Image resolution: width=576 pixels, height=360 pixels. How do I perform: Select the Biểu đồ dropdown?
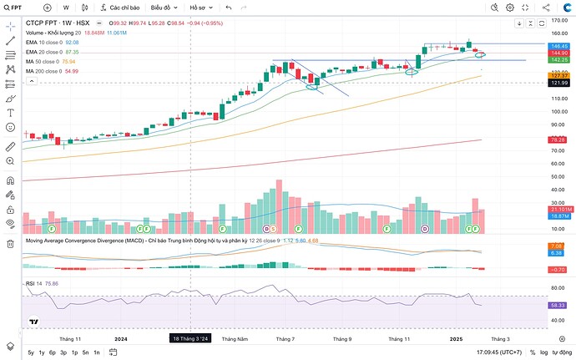point(164,8)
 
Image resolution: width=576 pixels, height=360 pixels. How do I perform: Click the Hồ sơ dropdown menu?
point(201,8)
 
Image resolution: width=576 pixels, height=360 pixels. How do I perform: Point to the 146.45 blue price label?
point(559,46)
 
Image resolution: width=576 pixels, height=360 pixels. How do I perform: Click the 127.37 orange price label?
point(559,76)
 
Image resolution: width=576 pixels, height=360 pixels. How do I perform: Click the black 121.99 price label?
point(559,83)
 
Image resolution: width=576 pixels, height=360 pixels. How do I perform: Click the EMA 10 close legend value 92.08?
point(72,41)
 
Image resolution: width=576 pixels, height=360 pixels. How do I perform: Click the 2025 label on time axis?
point(456,339)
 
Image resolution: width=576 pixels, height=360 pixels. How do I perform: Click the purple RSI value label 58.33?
point(559,306)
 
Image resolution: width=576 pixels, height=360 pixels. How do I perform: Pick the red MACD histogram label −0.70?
point(559,269)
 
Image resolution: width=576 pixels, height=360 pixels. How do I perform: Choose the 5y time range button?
point(31,353)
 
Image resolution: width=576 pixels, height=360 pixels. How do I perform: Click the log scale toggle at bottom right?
point(544,353)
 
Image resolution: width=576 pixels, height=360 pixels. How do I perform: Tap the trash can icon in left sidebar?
point(10,243)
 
